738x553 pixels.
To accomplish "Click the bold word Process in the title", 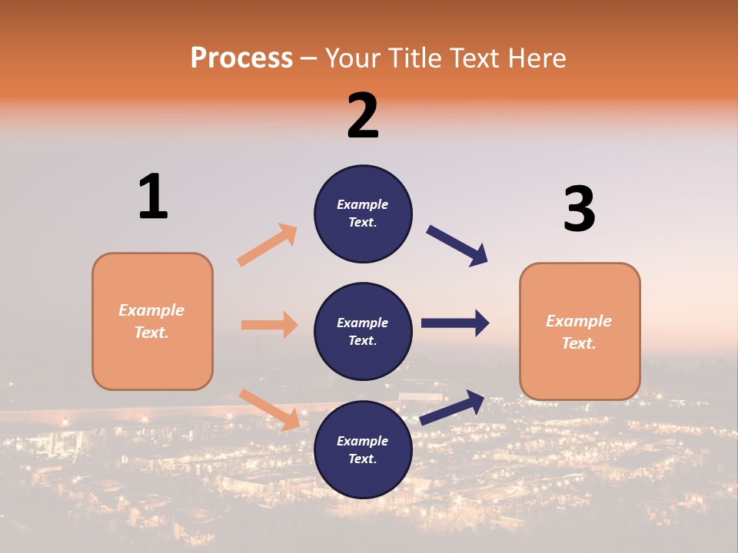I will [x=241, y=58].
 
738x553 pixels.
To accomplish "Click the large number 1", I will [x=153, y=197].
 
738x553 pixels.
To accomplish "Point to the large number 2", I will [x=363, y=116].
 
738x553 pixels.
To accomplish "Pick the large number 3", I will [x=579, y=210].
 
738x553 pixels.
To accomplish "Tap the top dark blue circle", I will [x=363, y=214].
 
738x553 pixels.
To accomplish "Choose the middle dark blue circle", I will [x=363, y=331].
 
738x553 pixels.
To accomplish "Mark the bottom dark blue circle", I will [x=363, y=449].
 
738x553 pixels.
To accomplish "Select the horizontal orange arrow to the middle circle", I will [x=269, y=325].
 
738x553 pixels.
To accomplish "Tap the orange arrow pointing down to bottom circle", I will [x=270, y=409].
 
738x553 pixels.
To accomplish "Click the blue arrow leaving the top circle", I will [x=457, y=245].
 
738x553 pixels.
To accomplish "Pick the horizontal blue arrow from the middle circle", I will [x=455, y=323].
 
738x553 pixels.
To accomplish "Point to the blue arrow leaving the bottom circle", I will [x=453, y=407].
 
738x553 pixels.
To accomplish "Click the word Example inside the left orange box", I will [x=151, y=310].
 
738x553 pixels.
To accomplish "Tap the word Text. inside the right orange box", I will [x=579, y=343].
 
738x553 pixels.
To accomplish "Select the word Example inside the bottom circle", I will [x=362, y=441].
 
